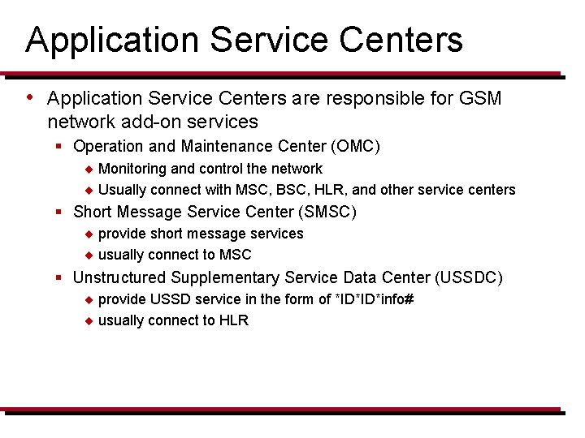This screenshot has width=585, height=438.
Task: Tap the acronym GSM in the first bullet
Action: tap(480, 99)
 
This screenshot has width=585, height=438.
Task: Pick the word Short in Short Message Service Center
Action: tap(93, 213)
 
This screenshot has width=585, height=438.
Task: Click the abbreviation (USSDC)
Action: tap(469, 277)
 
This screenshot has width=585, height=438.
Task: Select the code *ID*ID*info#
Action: tap(375, 299)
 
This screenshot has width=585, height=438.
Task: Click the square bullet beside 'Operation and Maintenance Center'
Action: tap(59, 147)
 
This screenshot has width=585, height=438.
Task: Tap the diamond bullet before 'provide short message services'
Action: tap(89, 234)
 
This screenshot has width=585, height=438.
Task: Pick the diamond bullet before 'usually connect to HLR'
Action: tap(89, 321)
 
